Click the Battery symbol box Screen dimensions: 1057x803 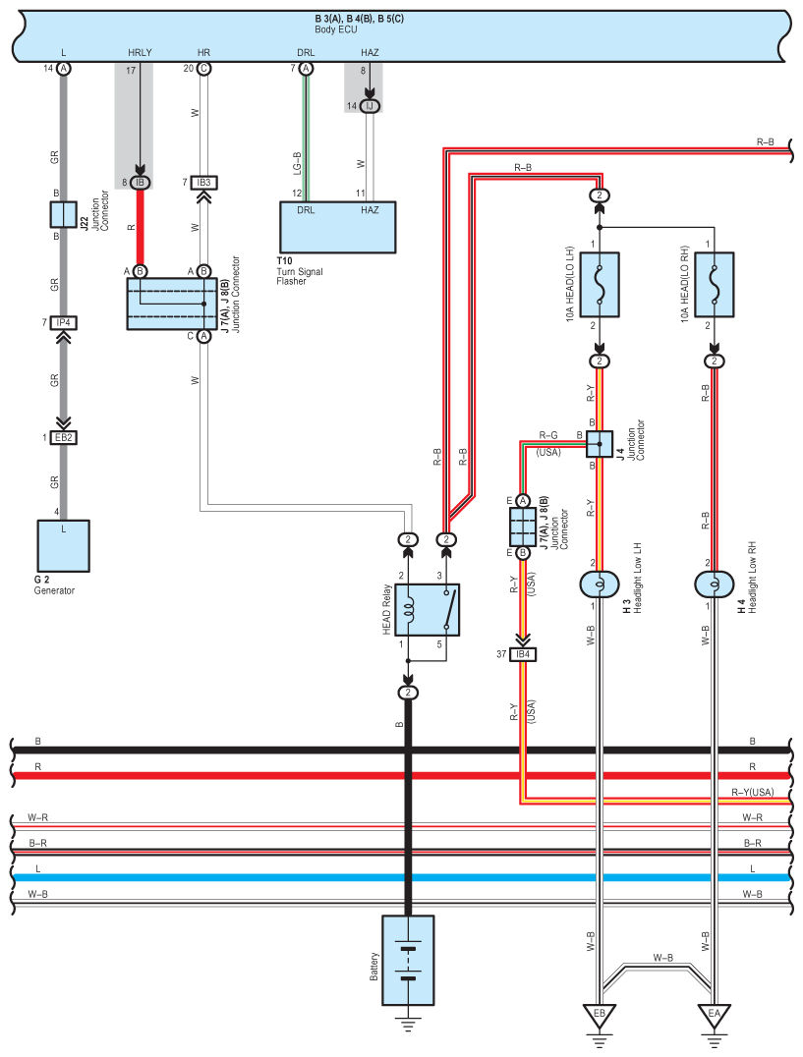tap(408, 960)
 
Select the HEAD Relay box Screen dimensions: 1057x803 tap(428, 609)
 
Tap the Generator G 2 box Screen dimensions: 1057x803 tap(63, 551)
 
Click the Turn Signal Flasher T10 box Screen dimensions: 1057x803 tap(339, 227)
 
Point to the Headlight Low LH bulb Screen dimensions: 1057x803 tap(598, 584)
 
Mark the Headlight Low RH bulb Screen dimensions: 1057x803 tap(714, 584)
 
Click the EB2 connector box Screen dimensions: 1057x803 tap(64, 437)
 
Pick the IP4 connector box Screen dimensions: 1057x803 tap(64, 322)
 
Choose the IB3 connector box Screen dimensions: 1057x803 tap(203, 182)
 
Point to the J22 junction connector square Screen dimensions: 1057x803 tap(63, 213)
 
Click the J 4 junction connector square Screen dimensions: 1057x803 tap(599, 444)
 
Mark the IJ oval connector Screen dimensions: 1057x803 tap(370, 105)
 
